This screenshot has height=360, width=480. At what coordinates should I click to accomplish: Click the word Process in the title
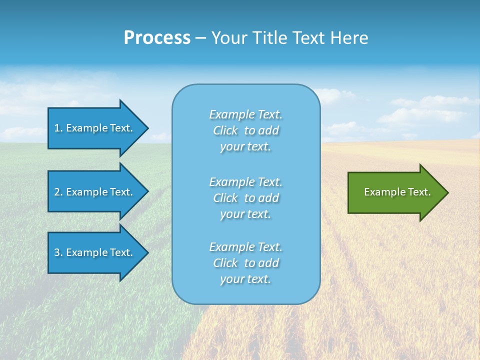[157, 38]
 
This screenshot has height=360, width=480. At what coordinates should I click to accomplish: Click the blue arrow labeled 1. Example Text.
[95, 128]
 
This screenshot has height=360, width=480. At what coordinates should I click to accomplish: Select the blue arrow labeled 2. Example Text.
[95, 192]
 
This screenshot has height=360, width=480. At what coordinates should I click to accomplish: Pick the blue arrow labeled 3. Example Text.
[95, 252]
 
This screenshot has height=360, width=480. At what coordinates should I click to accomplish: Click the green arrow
[395, 192]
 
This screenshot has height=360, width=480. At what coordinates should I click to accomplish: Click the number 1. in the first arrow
[58, 128]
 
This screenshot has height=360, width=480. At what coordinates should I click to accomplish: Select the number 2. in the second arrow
[58, 192]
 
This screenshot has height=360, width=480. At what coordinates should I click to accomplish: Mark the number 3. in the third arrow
[58, 252]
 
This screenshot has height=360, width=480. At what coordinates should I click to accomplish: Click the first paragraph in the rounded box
[245, 130]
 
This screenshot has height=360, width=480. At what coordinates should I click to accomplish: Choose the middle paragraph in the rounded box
[245, 198]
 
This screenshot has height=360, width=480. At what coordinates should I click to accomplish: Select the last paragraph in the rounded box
[245, 263]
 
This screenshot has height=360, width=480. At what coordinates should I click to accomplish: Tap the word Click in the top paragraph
[225, 130]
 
